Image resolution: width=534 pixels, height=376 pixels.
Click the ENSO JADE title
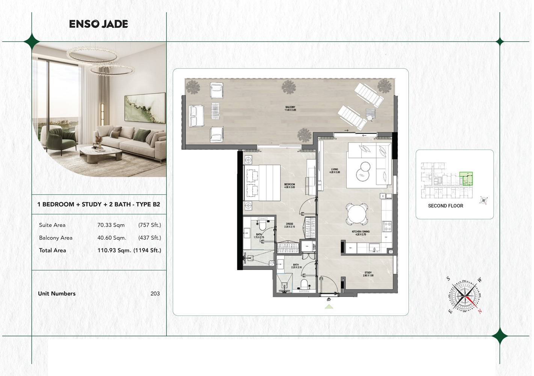coord(98,24)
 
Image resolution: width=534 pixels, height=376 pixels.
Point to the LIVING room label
coord(334,171)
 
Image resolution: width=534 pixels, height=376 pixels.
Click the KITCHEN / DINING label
coord(360,233)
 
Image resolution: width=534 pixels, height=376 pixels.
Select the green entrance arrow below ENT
coord(329,307)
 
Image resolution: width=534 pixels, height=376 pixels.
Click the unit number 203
coord(155,294)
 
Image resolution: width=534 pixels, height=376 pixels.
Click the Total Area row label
coord(53,250)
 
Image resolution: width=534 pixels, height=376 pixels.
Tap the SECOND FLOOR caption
coord(445,206)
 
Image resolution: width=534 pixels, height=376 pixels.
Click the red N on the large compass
coord(480,311)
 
